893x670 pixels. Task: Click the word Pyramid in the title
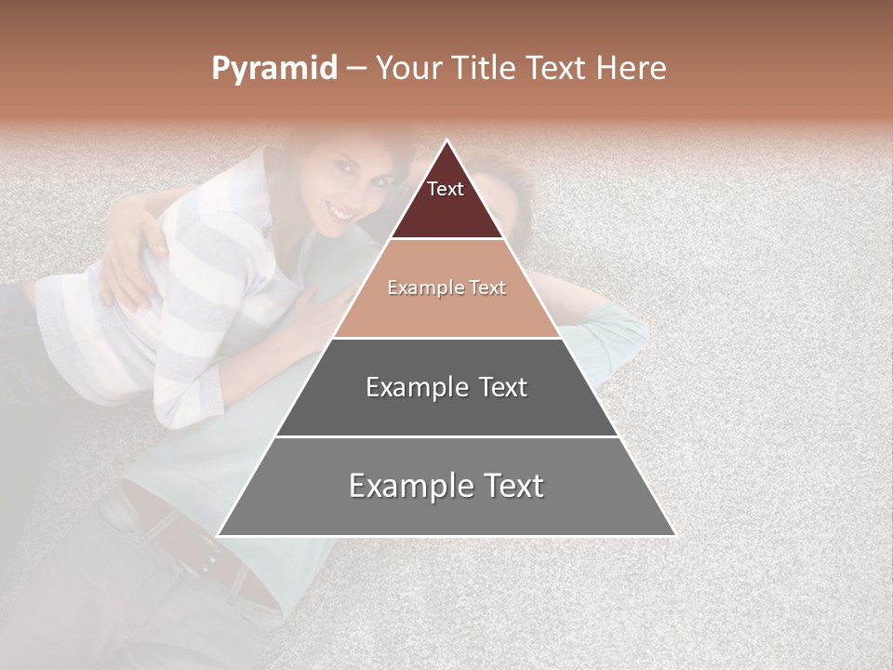(274, 69)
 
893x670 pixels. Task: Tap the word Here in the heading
(631, 69)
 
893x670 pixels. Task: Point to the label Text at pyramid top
(446, 189)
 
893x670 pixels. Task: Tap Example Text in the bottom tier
(446, 486)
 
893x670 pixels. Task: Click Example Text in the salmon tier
(446, 288)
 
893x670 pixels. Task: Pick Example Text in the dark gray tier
(446, 387)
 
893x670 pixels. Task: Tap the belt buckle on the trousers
(203, 556)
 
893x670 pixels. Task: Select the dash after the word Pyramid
(356, 69)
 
